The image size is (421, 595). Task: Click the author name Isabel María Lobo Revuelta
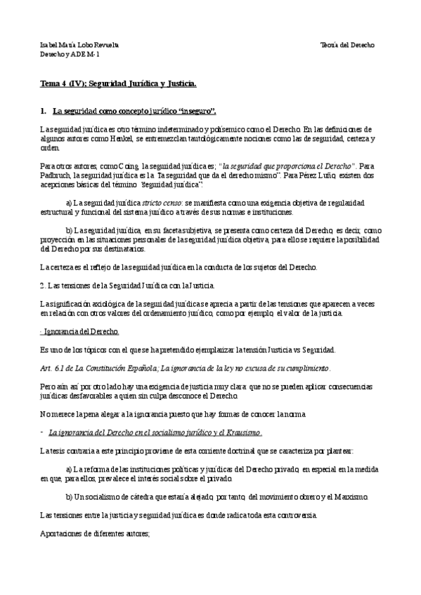tap(79, 44)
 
